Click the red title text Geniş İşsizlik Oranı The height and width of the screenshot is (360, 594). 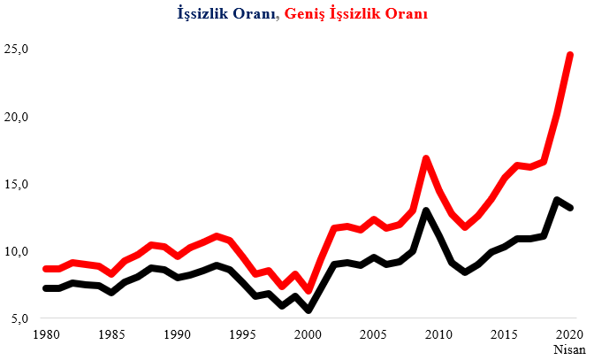355,14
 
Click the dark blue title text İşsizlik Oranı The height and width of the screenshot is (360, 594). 225,14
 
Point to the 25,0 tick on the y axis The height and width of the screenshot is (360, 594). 16,50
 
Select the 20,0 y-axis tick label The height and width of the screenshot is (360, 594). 16,117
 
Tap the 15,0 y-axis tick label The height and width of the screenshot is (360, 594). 16,185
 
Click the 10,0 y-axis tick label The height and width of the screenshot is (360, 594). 16,251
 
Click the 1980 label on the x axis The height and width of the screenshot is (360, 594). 46,334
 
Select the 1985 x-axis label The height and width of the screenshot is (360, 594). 111,334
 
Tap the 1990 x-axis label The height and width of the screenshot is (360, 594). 178,334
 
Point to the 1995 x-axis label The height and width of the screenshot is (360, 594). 242,334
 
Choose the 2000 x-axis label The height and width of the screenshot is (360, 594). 308,334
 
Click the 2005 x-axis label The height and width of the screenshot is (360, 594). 374,334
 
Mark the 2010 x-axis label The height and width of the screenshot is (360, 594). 439,334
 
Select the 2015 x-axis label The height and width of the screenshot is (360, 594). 504,334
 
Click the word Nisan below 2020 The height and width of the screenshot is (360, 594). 570,349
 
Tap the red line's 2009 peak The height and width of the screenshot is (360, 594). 426,158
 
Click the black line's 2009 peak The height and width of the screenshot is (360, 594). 426,210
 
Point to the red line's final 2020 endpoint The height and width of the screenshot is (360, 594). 570,56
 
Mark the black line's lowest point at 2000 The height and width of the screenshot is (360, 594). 308,310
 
